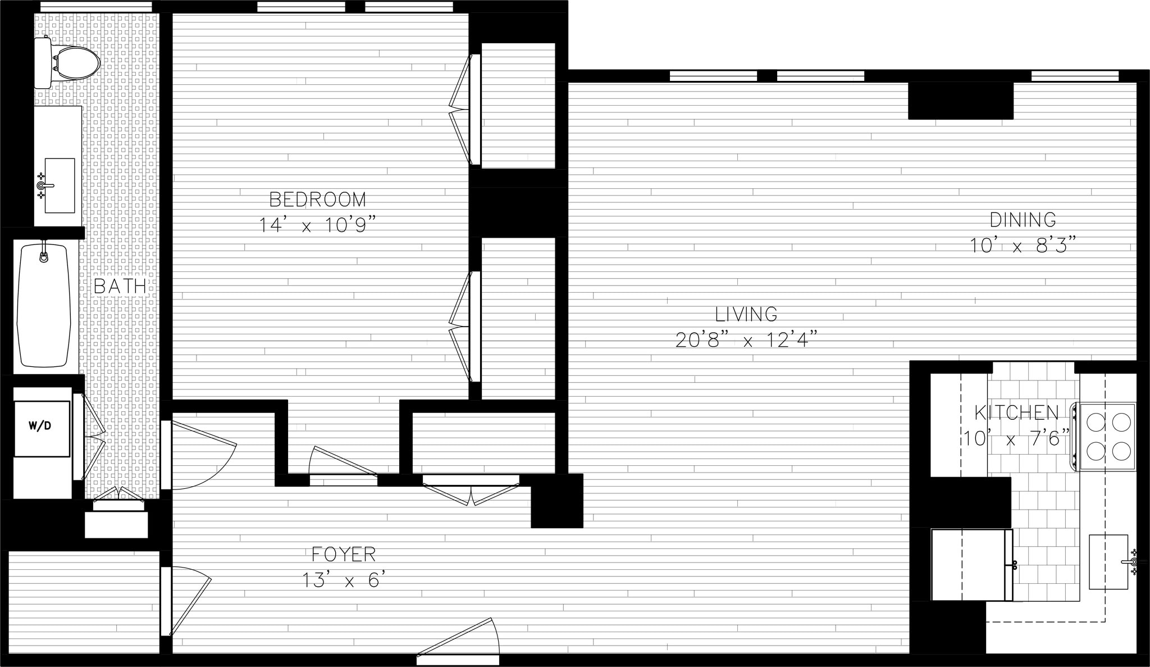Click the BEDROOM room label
[x=318, y=199]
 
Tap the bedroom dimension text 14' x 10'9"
[x=316, y=225]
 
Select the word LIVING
[x=746, y=314]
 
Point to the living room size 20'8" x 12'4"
[x=746, y=340]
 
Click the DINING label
[x=1023, y=219]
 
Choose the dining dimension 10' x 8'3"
[x=1023, y=246]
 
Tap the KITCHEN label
[x=1016, y=413]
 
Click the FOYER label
[x=344, y=555]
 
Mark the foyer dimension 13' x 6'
[x=344, y=580]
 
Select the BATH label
[x=120, y=286]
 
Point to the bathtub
[x=44, y=305]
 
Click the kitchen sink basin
[x=1108, y=562]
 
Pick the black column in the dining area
[x=960, y=101]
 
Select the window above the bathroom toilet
[x=96, y=6]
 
